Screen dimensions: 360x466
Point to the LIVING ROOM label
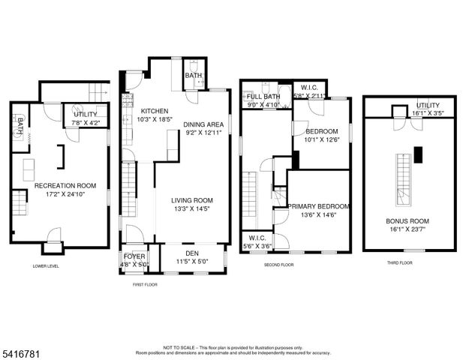[192, 200]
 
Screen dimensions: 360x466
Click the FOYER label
[134, 256]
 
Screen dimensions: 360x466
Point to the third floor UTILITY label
[428, 106]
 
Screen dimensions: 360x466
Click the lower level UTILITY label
[85, 114]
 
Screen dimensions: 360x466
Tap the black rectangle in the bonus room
[420, 154]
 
